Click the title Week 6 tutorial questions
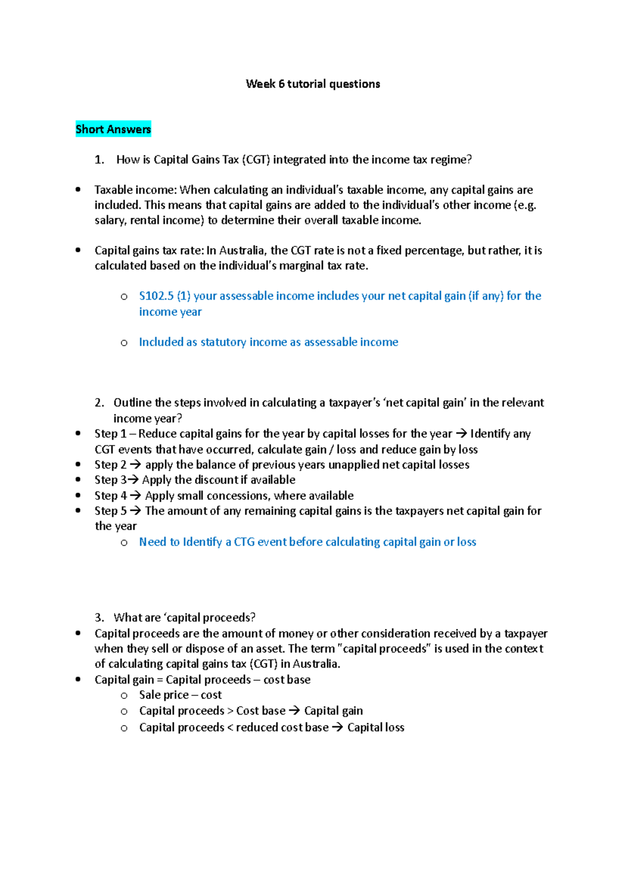(x=312, y=84)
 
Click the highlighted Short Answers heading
(x=113, y=129)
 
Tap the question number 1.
(x=99, y=160)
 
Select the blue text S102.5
(x=156, y=296)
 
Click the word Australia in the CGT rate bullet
(x=241, y=251)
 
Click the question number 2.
(x=99, y=403)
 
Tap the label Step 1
(x=110, y=434)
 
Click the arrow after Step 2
(x=135, y=465)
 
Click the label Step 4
(x=110, y=496)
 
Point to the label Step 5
(x=110, y=511)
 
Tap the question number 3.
(x=99, y=618)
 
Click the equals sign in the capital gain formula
(x=160, y=680)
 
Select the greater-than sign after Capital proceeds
(x=230, y=711)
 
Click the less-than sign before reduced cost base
(x=230, y=728)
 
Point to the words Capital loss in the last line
(x=376, y=728)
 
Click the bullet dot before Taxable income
(x=78, y=190)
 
